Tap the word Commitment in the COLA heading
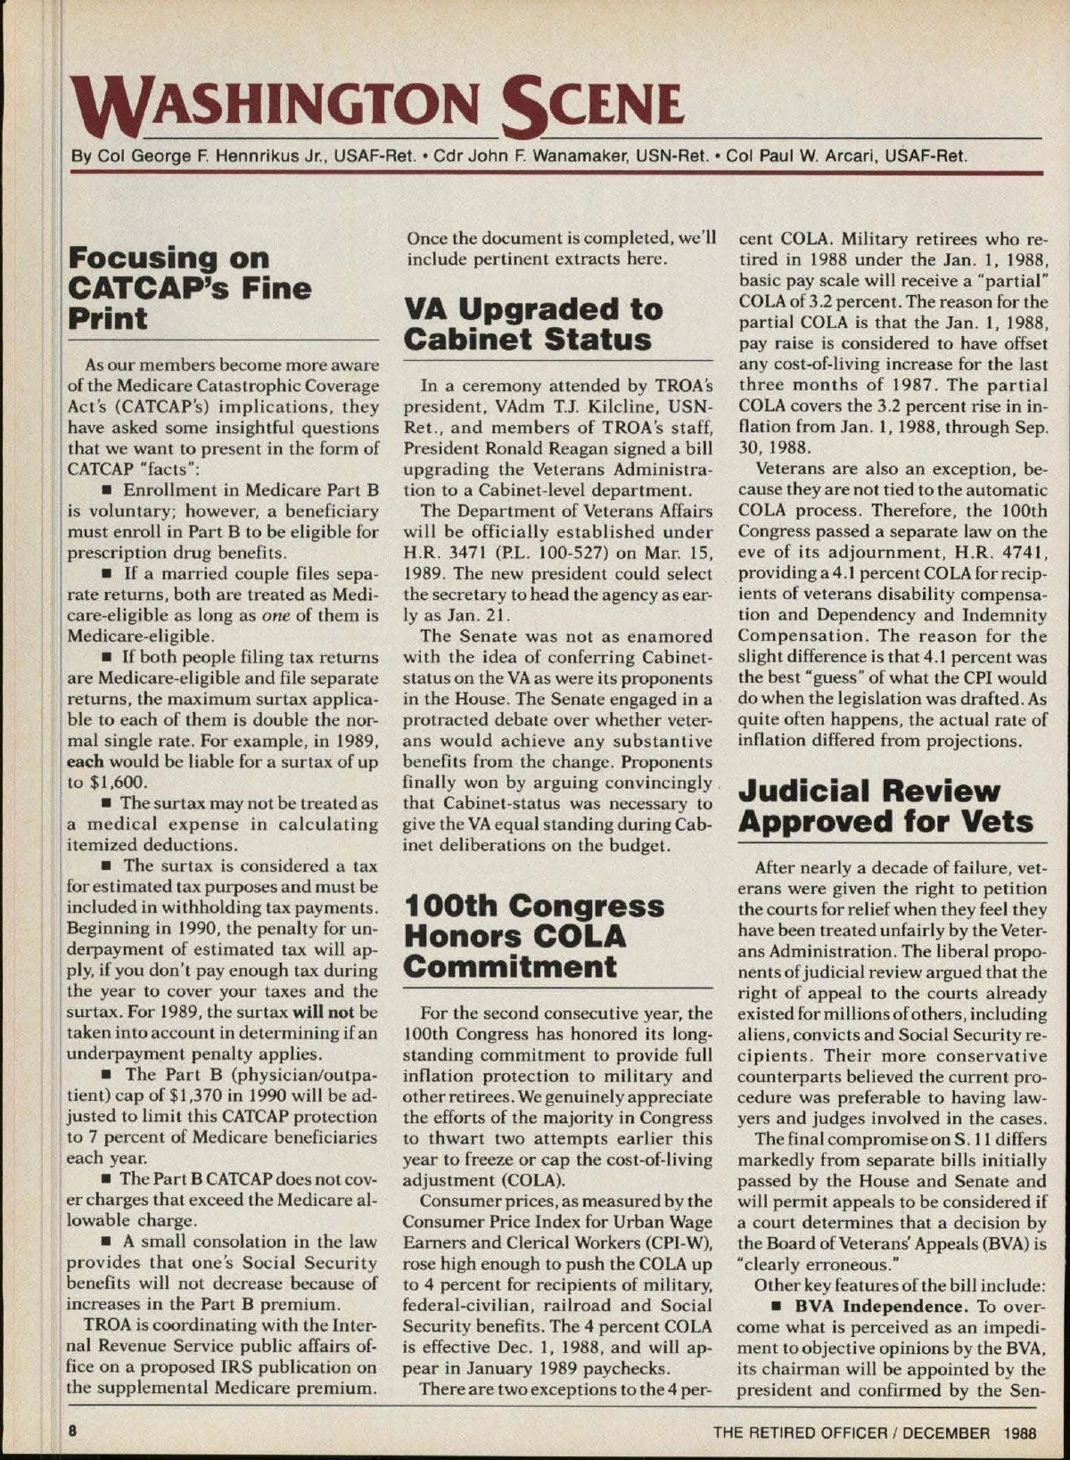[x=509, y=967]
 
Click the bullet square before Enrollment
[x=106, y=491]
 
